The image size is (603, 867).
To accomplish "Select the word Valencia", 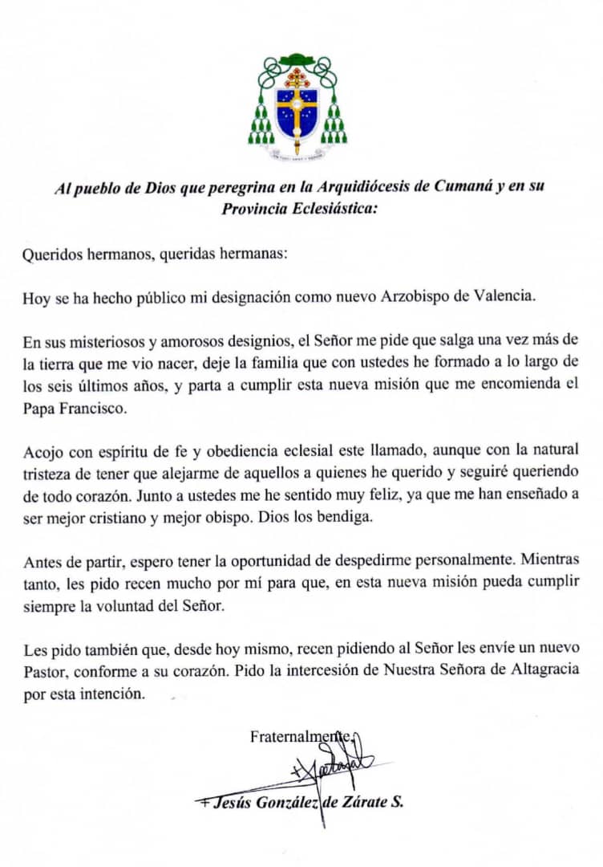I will tap(504, 295).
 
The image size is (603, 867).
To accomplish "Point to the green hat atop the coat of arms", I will tap(297, 59).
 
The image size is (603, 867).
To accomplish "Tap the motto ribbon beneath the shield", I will tap(297, 157).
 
